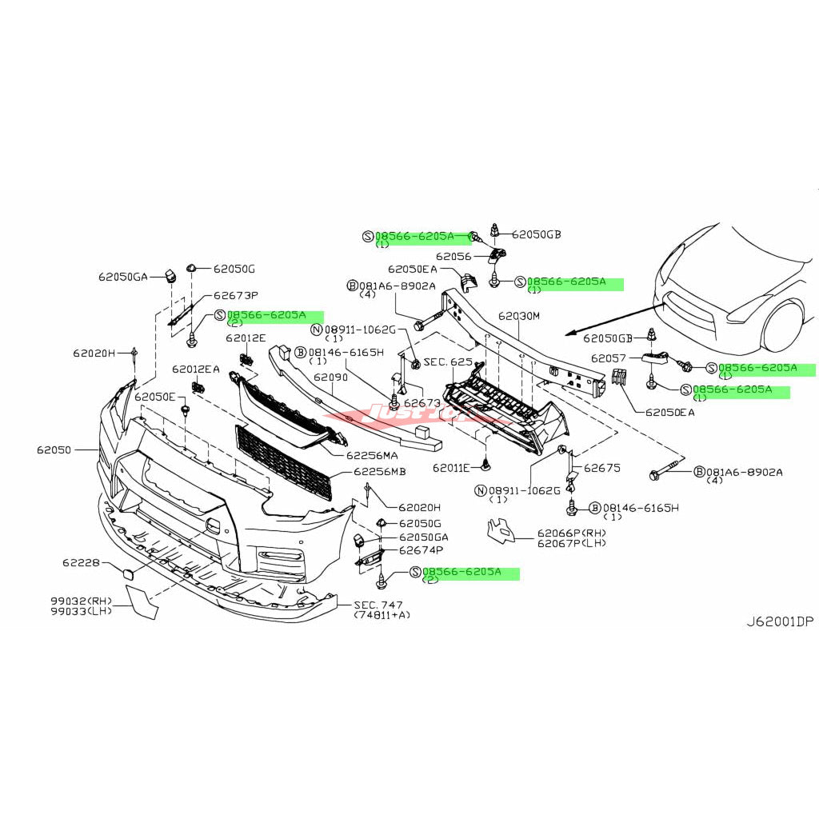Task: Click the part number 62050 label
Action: pos(54,450)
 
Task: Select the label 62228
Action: pos(81,563)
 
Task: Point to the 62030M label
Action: pos(519,316)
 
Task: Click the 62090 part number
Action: pos(330,376)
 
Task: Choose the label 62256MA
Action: pos(372,455)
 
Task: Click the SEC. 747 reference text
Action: pos(379,605)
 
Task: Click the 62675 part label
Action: pos(602,468)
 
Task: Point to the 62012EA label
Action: pos(195,369)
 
